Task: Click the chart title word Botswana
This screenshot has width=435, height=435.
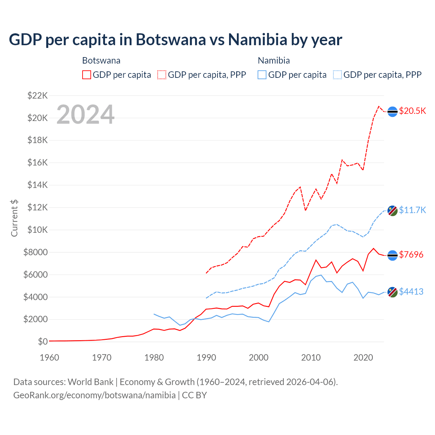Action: click(171, 39)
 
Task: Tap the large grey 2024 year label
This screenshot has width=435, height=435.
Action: click(86, 115)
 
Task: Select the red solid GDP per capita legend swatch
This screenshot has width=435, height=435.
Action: click(87, 75)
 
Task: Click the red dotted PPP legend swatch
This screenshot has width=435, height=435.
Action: click(162, 75)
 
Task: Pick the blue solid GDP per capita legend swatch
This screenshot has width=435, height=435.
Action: click(262, 75)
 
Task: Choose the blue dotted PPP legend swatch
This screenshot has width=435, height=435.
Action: click(337, 75)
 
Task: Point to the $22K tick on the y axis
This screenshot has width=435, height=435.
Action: click(37, 95)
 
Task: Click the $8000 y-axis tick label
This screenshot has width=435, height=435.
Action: click(35, 252)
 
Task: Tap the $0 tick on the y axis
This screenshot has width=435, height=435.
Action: click(42, 342)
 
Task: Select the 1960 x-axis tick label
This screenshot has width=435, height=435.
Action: click(50, 358)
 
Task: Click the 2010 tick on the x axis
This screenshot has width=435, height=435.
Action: click(311, 358)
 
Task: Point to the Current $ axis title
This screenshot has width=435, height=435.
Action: click(14, 218)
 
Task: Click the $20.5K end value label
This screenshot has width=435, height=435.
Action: click(412, 111)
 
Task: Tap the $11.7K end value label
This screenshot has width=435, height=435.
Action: click(412, 210)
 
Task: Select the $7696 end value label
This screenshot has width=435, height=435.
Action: click(411, 255)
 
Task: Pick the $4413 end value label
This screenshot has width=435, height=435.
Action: click(411, 292)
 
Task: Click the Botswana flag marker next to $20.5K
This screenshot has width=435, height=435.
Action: click(393, 111)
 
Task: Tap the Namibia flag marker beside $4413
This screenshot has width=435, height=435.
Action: click(393, 292)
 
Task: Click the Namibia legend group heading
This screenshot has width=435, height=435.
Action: click(274, 60)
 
